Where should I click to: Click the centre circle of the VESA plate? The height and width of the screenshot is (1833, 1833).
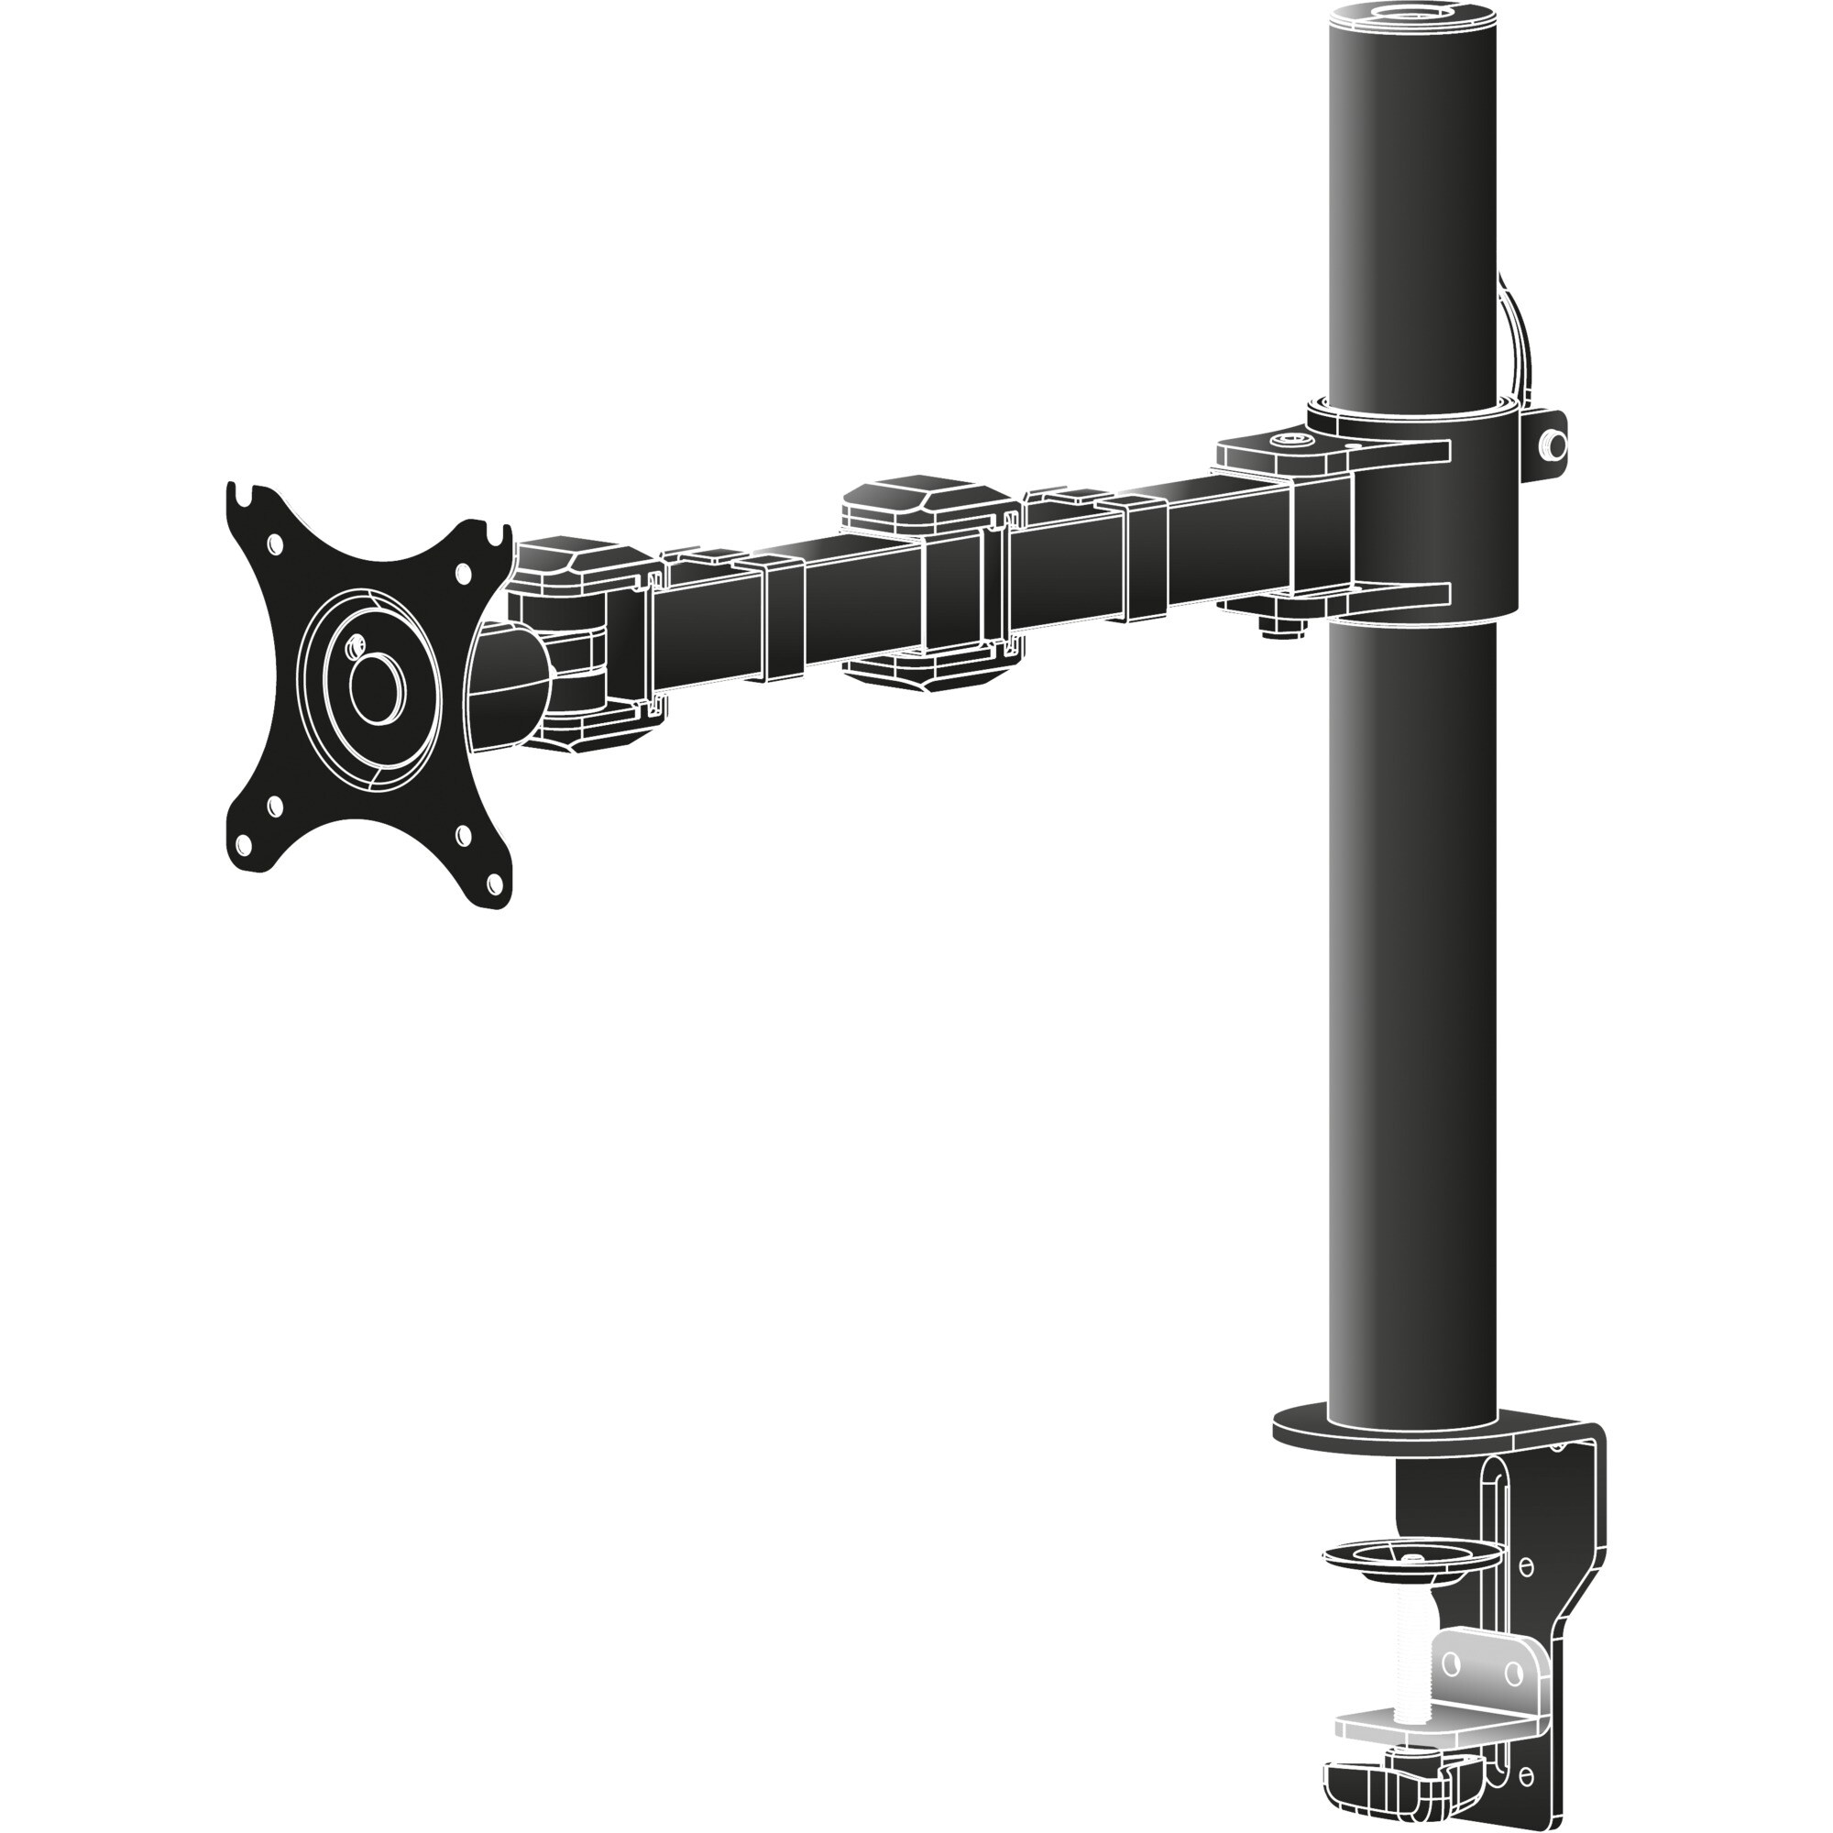coord(377,688)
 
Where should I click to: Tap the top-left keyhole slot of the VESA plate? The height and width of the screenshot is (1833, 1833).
coord(249,492)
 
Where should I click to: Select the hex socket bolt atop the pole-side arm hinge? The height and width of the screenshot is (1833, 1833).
coord(1291,441)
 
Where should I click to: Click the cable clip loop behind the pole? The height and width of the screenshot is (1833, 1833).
coord(1517,332)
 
